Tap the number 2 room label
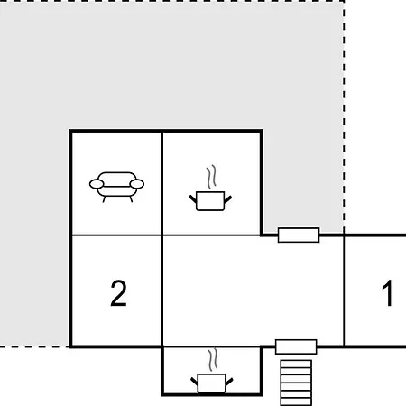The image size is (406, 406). (x=118, y=293)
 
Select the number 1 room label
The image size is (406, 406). (x=387, y=293)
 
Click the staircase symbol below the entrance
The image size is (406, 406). (x=296, y=383)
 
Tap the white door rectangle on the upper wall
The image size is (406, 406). (x=299, y=235)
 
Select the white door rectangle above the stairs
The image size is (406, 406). (x=296, y=346)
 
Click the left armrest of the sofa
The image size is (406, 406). (x=97, y=184)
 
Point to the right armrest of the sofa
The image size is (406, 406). (x=137, y=184)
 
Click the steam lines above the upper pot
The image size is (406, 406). (x=211, y=176)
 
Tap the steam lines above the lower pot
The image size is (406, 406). (x=213, y=360)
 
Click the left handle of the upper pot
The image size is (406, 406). (x=193, y=198)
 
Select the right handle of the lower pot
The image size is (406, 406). (x=229, y=382)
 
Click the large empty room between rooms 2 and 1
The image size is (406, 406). (x=253, y=291)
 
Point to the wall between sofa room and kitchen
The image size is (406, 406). (x=162, y=183)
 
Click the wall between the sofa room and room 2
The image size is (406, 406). (x=117, y=235)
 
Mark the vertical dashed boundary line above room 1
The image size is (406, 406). (x=344, y=117)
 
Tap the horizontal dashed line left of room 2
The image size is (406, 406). (x=34, y=346)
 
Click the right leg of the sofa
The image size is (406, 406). (x=131, y=199)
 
